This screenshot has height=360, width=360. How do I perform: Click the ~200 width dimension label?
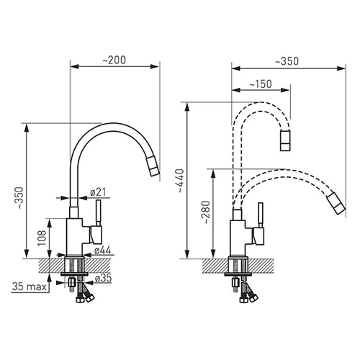pyautogui.click(x=114, y=60)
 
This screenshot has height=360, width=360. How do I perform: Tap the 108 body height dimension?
pyautogui.click(x=42, y=238)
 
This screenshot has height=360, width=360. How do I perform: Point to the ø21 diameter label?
pyautogui.click(x=98, y=192)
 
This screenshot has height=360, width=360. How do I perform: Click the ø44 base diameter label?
pyautogui.click(x=102, y=250)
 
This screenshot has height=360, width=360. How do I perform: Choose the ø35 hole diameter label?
pyautogui.click(x=103, y=278)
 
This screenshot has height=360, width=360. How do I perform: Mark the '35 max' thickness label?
pyautogui.click(x=30, y=287)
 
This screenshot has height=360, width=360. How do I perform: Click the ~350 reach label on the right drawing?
pyautogui.click(x=287, y=61)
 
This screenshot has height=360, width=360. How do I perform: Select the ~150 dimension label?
pyautogui.click(x=261, y=84)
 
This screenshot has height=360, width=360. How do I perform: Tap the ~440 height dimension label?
pyautogui.click(x=180, y=181)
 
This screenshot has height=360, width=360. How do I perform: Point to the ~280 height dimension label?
pyautogui.click(x=206, y=212)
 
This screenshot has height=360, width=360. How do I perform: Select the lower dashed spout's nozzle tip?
pyautogui.click(x=336, y=203)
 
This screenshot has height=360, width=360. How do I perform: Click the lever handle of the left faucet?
pyautogui.click(x=99, y=212)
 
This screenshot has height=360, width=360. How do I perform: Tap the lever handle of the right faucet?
pyautogui.click(x=261, y=215)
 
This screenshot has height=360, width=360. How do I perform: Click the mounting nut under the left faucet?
pyautogui.click(x=71, y=282)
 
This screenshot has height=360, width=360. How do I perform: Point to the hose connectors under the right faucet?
pyautogui.click(x=248, y=298)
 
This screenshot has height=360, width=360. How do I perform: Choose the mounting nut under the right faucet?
pyautogui.click(x=235, y=282)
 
